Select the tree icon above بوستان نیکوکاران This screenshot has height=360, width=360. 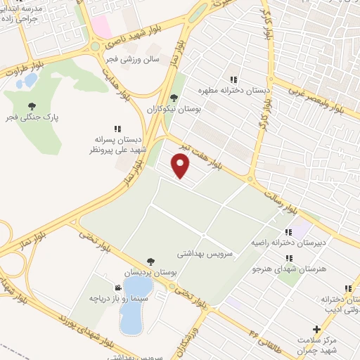(174, 98)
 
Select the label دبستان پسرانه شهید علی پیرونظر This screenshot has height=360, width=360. (116, 144)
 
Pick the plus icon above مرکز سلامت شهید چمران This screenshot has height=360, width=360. (317, 328)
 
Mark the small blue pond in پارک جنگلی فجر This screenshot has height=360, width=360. (30, 80)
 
